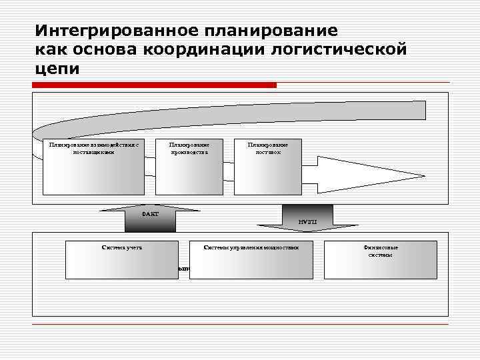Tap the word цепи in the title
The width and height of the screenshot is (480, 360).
pos(58,69)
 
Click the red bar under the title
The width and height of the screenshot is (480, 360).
pos(154,85)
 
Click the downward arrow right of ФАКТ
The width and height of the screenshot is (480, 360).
pos(307,219)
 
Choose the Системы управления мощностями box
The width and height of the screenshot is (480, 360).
pos(251,260)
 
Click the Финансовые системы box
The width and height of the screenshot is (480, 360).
pos(381,260)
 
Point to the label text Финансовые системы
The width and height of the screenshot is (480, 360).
pos(381,251)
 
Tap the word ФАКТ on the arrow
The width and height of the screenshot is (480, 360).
pos(151,214)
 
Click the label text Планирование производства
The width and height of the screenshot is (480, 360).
pos(189,148)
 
